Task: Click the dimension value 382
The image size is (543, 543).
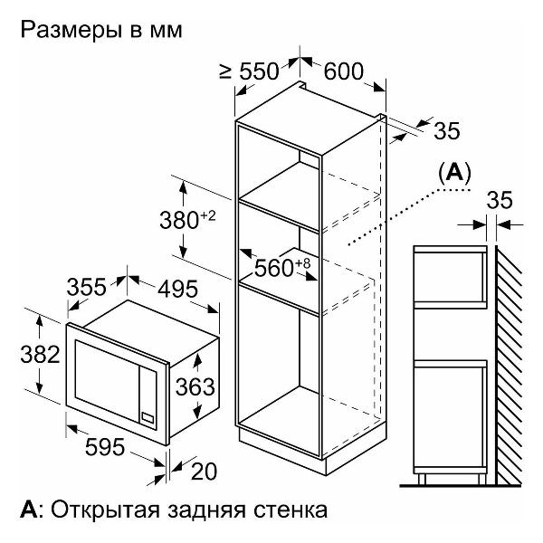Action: pyautogui.click(x=40, y=355)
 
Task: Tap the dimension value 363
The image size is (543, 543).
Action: pyautogui.click(x=195, y=386)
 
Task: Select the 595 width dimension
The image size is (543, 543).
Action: pyautogui.click(x=105, y=447)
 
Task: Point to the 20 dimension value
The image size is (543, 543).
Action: pyautogui.click(x=204, y=472)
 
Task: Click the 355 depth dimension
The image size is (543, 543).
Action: pyautogui.click(x=87, y=287)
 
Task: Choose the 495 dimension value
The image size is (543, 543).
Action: pyautogui.click(x=178, y=289)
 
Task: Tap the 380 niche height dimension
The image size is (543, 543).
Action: pyautogui.click(x=179, y=220)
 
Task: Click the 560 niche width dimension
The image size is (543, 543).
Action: pyautogui.click(x=274, y=268)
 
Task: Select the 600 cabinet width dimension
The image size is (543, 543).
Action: pyautogui.click(x=344, y=71)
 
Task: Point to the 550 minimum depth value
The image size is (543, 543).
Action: pyautogui.click(x=259, y=71)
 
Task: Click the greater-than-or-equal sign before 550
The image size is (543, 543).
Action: pyautogui.click(x=225, y=72)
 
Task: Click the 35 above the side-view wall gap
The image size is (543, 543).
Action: pyautogui.click(x=500, y=200)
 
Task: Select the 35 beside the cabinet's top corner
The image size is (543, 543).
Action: pyautogui.click(x=447, y=130)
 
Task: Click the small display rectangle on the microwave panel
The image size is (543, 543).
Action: pyautogui.click(x=148, y=417)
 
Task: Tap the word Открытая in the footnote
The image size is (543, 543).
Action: pyautogui.click(x=106, y=510)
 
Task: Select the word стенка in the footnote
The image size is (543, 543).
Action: pyautogui.click(x=291, y=510)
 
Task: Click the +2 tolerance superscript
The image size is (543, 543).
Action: pyautogui.click(x=208, y=216)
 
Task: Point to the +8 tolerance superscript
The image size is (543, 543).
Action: pyautogui.click(x=303, y=263)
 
